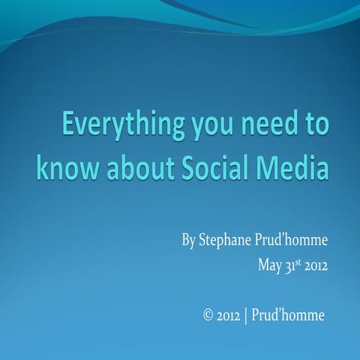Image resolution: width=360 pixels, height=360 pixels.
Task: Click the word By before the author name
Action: [188, 242]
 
